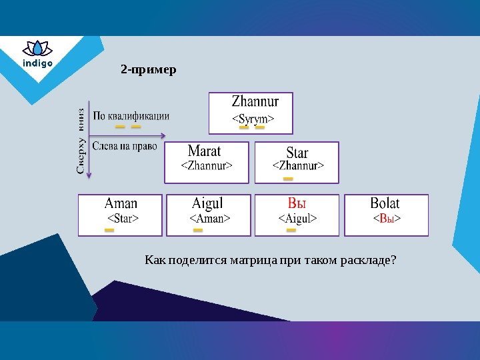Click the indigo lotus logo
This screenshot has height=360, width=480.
pos(37,55)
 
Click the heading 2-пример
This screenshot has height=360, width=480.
pos(149,69)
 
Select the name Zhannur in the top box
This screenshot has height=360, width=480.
pos(255,102)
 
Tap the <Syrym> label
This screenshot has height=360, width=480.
pos(253,119)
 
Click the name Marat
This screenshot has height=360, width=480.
pos(204,151)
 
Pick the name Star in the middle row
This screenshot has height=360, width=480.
pos(297,152)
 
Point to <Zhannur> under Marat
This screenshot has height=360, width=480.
pos(207,165)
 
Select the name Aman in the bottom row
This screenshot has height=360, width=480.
pos(121,203)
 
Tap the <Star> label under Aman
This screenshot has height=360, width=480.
pos(123,218)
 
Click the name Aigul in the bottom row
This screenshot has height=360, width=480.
pos(207,203)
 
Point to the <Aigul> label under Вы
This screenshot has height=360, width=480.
pos(297,218)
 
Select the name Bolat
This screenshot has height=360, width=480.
pos(385,203)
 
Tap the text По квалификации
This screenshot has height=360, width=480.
pos(131,115)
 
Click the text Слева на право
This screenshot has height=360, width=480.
pos(125,146)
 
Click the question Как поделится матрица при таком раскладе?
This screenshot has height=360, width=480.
pos(271,259)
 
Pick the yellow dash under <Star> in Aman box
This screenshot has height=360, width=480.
pos(109,230)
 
